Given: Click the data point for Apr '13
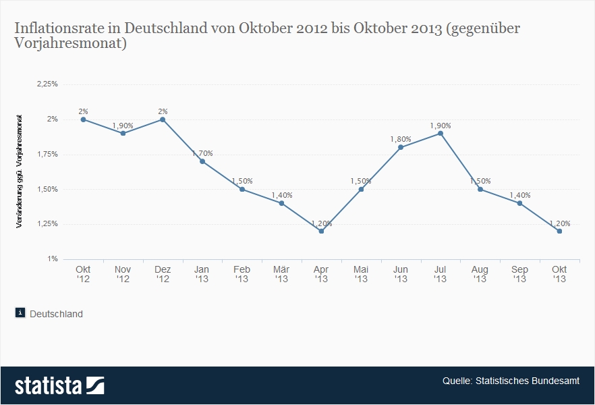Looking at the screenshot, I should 321,232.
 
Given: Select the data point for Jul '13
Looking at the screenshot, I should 441,134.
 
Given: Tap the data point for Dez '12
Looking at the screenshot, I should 163,119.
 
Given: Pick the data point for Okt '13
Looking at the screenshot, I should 559,232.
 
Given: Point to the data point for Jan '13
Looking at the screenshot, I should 202,161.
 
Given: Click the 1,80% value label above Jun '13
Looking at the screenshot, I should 401,139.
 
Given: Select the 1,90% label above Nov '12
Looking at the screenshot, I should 123,126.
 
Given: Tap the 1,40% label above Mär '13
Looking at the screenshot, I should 282,195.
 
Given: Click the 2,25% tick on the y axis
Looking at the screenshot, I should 47,84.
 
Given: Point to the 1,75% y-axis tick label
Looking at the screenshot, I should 47,155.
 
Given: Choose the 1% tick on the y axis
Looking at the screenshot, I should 52,259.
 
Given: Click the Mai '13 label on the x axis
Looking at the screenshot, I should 361,274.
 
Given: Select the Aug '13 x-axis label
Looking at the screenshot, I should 480,274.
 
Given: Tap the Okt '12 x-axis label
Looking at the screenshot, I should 83,274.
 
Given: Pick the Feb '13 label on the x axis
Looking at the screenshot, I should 242,274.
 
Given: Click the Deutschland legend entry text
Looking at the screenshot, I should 57,314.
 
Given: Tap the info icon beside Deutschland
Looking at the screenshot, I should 20,313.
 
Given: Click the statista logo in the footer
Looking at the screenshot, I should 59,385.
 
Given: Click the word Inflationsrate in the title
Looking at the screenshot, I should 52,29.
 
